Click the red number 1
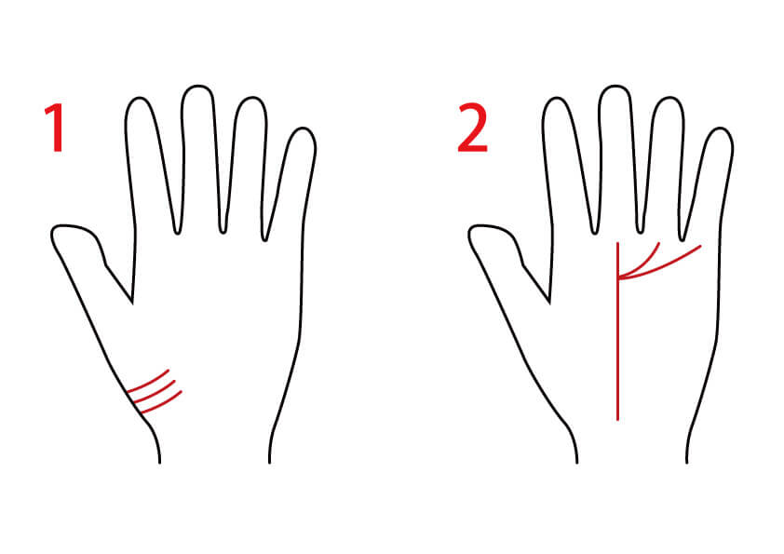click(55, 127)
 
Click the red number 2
click(472, 127)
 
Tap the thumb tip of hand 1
click(53, 234)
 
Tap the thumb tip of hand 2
click(471, 234)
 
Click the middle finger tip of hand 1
click(197, 86)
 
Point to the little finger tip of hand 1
click(303, 129)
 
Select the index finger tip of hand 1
click(139, 98)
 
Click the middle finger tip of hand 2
click(615, 86)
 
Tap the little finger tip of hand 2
click(721, 129)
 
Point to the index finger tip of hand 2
click(557, 98)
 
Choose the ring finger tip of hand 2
click(669, 98)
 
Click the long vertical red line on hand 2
click(618, 331)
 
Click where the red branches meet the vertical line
click(618, 278)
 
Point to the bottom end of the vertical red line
click(618, 420)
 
